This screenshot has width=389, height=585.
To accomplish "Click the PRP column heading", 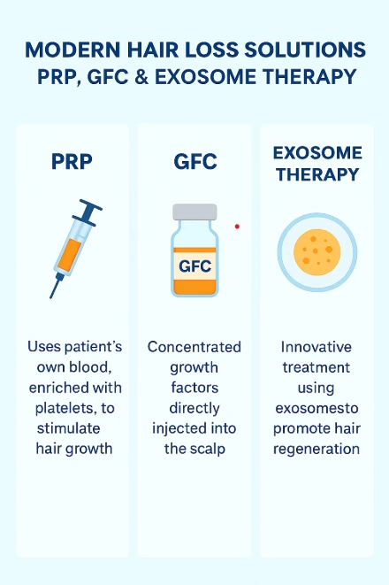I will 71,164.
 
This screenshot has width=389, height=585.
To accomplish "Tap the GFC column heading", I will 194,164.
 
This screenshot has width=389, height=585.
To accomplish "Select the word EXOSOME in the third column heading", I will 317,153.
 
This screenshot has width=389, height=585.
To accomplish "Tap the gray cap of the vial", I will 194,212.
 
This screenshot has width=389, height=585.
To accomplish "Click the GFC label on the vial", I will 194,265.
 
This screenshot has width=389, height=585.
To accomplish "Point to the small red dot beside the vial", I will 237,227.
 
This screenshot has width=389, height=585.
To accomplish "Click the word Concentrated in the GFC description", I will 194,347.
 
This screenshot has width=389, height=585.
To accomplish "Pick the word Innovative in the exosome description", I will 317,347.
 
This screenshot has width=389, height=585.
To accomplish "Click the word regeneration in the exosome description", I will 317,448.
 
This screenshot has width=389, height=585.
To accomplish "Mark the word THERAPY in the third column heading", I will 317,173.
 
